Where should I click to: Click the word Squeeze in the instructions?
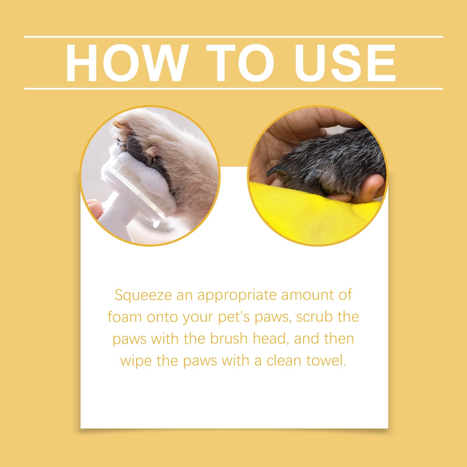coord(143,295)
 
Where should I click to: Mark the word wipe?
coord(136,360)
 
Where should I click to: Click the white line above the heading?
coord(233,37)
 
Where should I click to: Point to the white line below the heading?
coord(233,88)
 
